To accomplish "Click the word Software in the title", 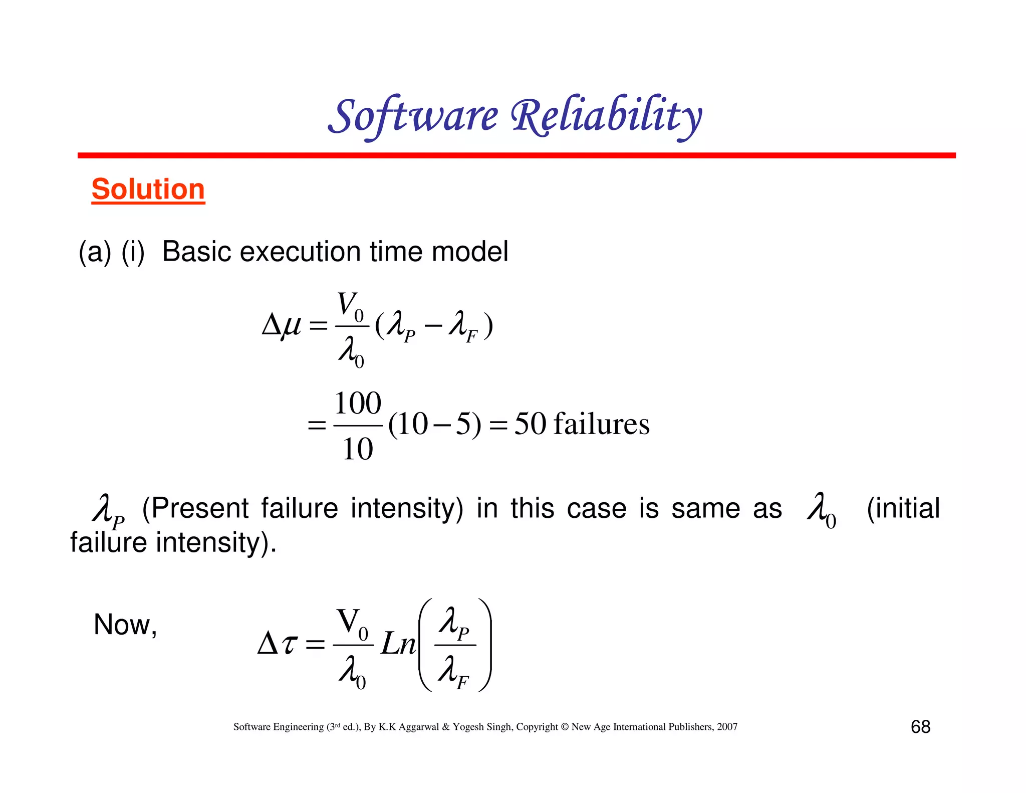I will pos(414,116).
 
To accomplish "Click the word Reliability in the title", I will pos(606,116).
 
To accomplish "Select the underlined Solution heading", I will pos(148,189).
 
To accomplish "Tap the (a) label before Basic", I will pos(95,252).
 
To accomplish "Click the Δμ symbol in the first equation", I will pos(282,326).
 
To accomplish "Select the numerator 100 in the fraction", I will pos(357,403).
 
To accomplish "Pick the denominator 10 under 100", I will pos(357,449).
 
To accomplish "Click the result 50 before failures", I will pos(530,424).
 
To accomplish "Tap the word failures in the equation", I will pos(601,424).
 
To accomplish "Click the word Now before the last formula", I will pos(122,625).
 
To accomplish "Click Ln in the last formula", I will pos(398,644).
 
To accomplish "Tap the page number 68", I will pos(920,727).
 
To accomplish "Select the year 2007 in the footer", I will pos(727,727).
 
